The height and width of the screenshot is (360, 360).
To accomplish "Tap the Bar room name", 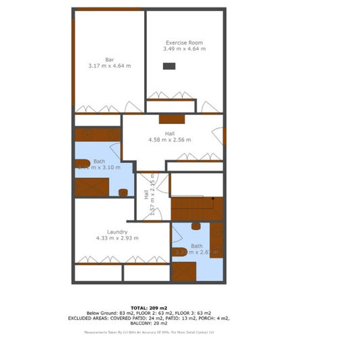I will click(x=109, y=60).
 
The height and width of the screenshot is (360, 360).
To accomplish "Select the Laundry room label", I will click(x=117, y=231).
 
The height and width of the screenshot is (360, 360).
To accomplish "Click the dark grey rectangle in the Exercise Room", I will click(x=168, y=66).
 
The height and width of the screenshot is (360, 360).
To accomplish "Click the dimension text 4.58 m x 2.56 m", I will click(x=169, y=140).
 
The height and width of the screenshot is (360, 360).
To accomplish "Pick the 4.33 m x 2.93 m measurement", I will click(x=117, y=238).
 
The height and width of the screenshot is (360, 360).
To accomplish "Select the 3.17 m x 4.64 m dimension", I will click(x=109, y=66).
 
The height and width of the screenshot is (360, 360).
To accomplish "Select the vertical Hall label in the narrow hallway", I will click(x=146, y=194).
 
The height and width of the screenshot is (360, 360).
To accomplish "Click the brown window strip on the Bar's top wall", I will click(x=109, y=9).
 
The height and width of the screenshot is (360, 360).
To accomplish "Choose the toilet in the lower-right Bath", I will click(x=196, y=226).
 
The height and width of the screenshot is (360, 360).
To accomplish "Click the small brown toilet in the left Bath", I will click(x=124, y=192).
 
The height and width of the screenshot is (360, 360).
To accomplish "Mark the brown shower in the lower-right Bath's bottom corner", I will click(x=183, y=271).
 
